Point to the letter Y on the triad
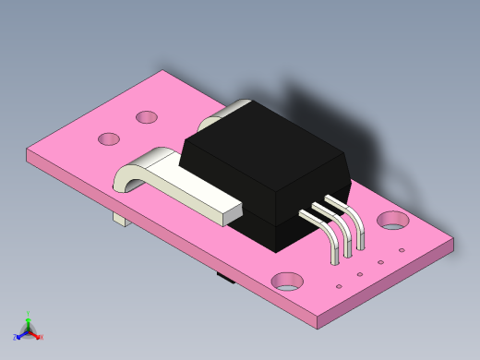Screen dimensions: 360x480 click(x=28, y=313)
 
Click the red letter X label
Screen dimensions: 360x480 click(x=41, y=337)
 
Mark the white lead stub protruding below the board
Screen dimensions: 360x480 click(x=119, y=219)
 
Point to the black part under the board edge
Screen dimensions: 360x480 click(x=223, y=275)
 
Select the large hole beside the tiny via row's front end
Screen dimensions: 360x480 click(x=287, y=281)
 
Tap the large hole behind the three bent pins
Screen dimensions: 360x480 click(x=392, y=220)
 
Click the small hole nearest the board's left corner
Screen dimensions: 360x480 click(x=109, y=139)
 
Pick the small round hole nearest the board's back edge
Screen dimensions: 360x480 click(x=147, y=117)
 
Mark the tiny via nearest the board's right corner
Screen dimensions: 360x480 click(x=401, y=250)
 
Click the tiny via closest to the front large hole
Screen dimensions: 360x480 click(x=339, y=286)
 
